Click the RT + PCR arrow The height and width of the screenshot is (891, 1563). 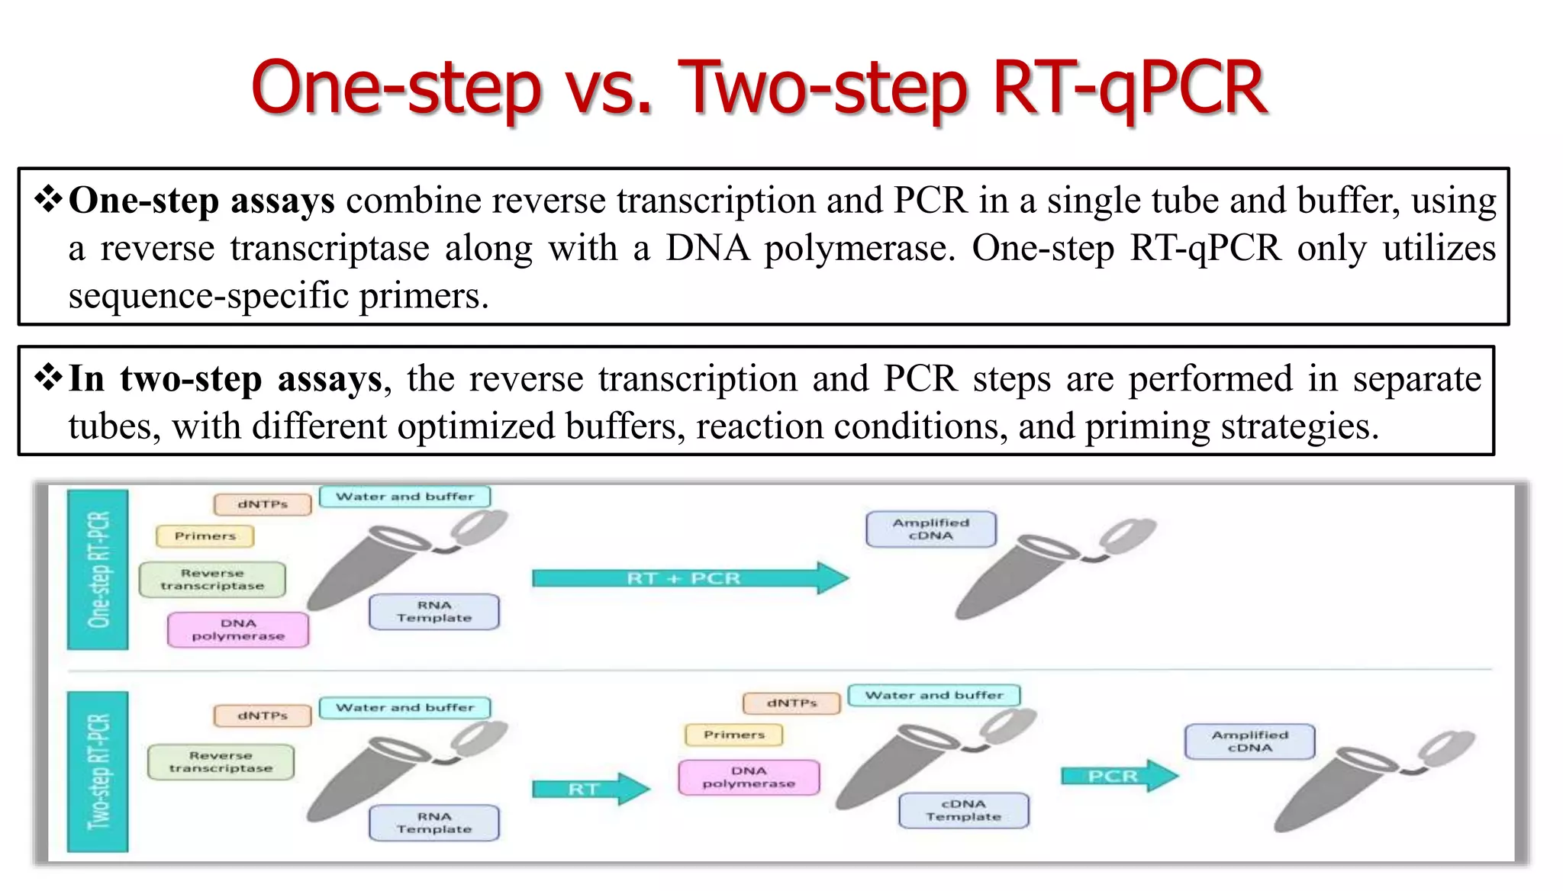687,578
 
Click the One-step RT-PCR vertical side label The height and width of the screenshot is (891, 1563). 98,569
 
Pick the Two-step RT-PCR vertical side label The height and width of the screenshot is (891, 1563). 98,771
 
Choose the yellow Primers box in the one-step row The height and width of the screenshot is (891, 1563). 205,536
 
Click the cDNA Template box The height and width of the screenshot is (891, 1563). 963,810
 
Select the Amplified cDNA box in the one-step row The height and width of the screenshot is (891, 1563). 930,529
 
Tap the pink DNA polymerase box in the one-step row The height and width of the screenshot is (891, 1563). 238,629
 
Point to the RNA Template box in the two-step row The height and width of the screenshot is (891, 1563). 433,823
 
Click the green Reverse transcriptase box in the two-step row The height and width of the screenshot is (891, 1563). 221,761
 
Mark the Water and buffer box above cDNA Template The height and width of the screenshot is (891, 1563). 933,695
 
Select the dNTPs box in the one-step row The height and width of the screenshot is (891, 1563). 263,504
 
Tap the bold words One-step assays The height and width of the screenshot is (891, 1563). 201,201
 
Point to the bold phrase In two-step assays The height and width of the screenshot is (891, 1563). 225,379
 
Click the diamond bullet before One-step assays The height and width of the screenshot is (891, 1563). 48,200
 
